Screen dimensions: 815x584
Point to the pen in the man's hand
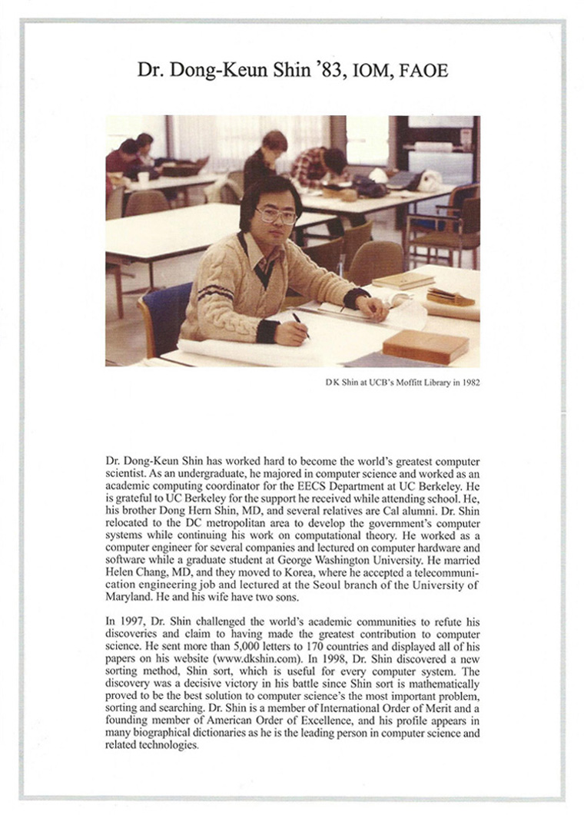(300, 324)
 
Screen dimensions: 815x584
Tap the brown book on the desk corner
(425, 346)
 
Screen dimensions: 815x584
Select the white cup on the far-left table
(143, 178)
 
